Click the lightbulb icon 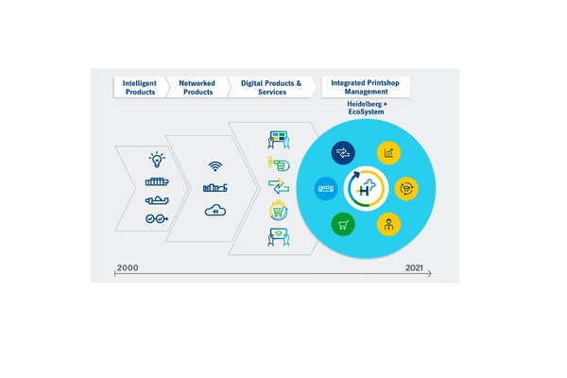click(157, 160)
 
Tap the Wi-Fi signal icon click(215, 166)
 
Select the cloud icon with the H click(215, 211)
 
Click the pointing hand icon click(279, 164)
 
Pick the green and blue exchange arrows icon click(279, 186)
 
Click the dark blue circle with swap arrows click(343, 153)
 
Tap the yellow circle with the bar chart click(388, 153)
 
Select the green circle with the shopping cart click(343, 224)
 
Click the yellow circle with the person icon click(388, 224)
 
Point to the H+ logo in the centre click(366, 188)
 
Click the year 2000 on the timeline click(128, 267)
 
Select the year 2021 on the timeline click(414, 267)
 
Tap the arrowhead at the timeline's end click(430, 273)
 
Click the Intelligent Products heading click(140, 88)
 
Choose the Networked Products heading click(198, 88)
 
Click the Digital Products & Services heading click(271, 88)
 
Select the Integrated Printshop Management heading click(365, 87)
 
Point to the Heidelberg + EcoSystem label click(367, 108)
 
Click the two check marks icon click(157, 218)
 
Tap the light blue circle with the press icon click(326, 188)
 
